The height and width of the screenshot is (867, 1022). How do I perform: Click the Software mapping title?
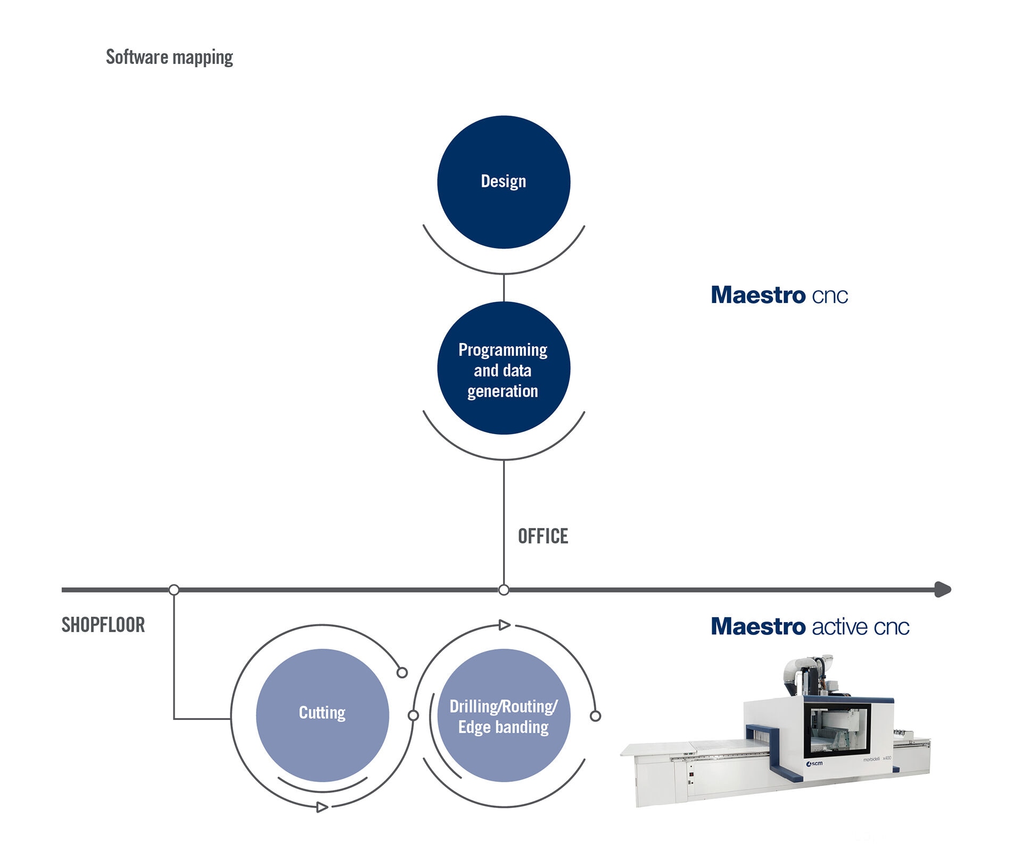[169, 57]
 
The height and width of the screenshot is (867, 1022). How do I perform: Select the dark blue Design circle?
[504, 182]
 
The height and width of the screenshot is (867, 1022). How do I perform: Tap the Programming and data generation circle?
[504, 368]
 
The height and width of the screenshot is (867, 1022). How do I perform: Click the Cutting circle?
[323, 715]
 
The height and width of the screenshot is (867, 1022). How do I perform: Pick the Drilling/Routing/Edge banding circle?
[504, 715]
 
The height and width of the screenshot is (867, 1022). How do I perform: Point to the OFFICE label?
[543, 536]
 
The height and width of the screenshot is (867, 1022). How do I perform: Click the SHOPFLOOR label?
[103, 625]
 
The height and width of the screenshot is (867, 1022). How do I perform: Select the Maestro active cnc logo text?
[810, 626]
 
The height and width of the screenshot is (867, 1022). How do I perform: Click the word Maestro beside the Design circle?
[759, 295]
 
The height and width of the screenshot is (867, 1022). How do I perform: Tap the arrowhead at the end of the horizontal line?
[943, 590]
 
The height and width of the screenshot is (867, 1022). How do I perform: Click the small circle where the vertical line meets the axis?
[504, 590]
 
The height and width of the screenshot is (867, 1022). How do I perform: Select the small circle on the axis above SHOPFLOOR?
[174, 590]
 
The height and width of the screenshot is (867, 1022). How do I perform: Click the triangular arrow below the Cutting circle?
[322, 807]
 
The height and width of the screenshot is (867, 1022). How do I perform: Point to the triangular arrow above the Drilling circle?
[505, 625]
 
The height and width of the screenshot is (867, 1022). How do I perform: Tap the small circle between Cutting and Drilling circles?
[413, 715]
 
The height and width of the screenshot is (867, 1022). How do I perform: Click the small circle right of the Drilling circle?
[596, 716]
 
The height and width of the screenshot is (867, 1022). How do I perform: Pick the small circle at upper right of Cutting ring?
[402, 673]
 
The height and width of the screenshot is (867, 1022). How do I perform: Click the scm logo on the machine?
[814, 764]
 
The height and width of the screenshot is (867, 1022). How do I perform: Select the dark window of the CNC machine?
[837, 729]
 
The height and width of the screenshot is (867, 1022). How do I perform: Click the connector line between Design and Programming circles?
[504, 288]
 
